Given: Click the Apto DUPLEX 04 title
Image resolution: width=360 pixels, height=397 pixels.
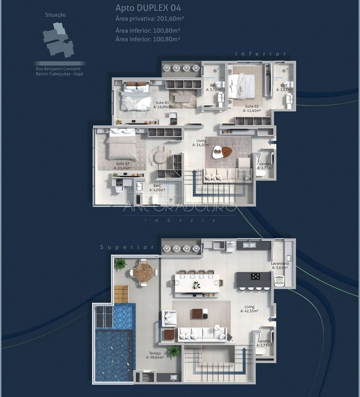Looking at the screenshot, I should click(148, 8).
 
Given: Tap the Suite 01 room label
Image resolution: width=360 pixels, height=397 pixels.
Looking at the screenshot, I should click(162, 105).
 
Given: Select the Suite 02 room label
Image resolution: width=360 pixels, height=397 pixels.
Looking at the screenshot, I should click(252, 109).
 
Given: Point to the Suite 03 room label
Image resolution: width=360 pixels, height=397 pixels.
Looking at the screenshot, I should click(122, 166).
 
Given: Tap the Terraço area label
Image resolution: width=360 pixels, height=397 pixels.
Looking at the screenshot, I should click(155, 355).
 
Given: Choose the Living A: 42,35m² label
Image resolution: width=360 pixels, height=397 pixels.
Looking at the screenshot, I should click(249, 309).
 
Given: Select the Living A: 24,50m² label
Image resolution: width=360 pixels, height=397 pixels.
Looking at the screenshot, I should click(201, 143).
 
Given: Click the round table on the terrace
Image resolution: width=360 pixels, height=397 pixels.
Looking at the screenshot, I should click(143, 272).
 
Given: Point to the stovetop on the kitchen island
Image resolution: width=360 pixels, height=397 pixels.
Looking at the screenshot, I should click(256, 276).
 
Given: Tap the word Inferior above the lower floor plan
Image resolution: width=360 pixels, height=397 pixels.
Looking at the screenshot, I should click(261, 54).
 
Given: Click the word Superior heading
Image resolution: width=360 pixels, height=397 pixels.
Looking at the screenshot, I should click(127, 247).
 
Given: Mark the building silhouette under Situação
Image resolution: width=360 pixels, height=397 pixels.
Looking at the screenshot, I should click(58, 40).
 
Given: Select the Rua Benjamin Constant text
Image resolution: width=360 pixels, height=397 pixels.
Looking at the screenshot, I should click(58, 69).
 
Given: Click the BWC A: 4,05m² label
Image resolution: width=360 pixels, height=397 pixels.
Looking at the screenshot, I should click(159, 187).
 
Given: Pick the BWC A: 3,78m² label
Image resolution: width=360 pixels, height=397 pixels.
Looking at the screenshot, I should click(214, 88).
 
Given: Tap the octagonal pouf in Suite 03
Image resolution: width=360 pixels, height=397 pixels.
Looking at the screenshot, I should click(160, 157).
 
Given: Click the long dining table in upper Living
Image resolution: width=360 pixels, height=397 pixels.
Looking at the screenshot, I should click(197, 283).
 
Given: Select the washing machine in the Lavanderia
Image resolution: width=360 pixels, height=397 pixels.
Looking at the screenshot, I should click(279, 281).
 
